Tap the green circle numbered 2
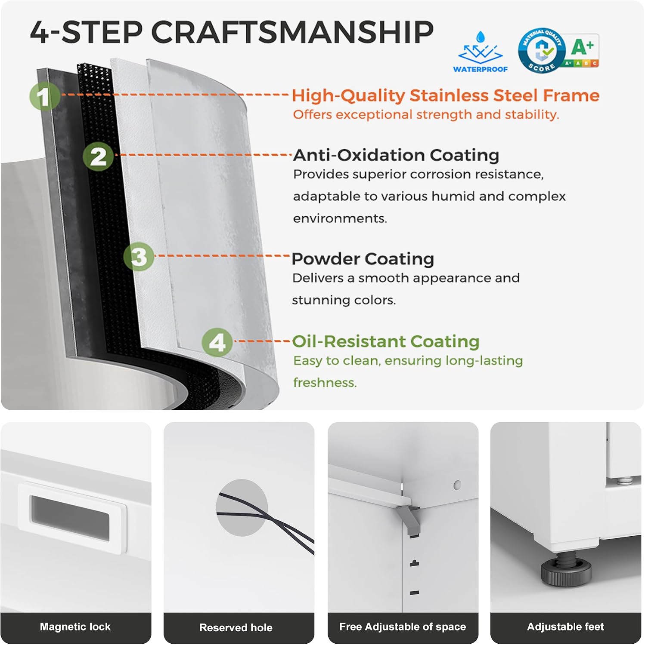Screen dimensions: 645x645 click(x=99, y=157)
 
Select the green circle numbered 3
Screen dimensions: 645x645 click(x=139, y=257)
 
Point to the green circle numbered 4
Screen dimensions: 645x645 click(x=217, y=342)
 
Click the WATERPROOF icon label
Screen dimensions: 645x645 click(x=480, y=69)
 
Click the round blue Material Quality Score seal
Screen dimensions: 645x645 click(x=542, y=51)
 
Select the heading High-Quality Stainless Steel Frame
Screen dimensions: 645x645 click(x=446, y=95)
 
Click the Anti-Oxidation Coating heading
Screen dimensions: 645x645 click(x=396, y=155)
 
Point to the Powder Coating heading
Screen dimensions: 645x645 click(x=363, y=259)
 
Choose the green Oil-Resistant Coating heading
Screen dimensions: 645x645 click(x=386, y=341)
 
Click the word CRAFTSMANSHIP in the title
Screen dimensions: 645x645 click(x=292, y=32)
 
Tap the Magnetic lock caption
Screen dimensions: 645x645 click(x=75, y=627)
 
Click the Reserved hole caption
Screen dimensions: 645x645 click(x=236, y=627)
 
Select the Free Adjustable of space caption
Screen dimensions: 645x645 click(x=403, y=627)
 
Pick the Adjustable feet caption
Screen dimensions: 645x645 click(x=565, y=627)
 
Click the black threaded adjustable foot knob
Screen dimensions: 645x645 click(x=566, y=570)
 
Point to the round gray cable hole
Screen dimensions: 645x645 click(x=242, y=508)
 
